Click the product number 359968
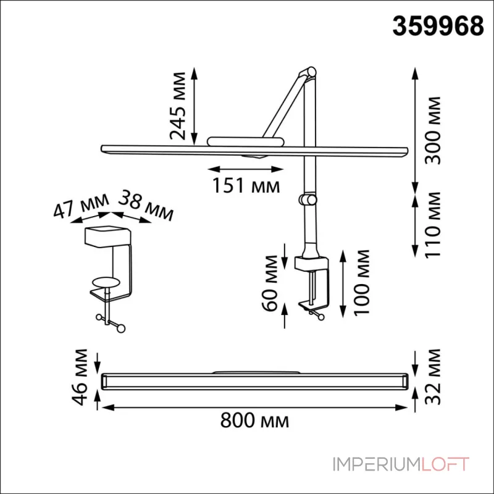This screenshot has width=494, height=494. point(438,26)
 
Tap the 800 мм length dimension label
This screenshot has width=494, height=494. point(254,421)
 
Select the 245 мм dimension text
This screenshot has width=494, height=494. point(178,106)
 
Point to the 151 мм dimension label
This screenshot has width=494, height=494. point(246,186)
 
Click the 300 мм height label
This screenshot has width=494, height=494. point(433,130)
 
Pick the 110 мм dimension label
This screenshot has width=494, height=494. point(433,225)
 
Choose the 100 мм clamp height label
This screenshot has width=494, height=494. point(361,282)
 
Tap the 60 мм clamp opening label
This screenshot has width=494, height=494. point(270,283)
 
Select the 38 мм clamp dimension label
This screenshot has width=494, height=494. point(146,205)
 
